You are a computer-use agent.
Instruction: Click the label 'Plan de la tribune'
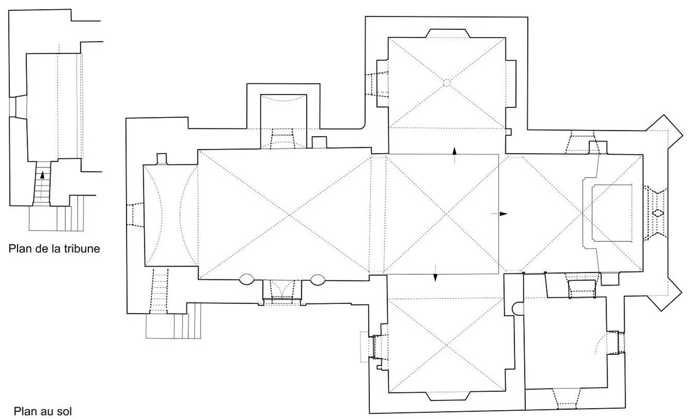pyautogui.click(x=54, y=249)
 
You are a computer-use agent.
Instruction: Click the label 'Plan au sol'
pyautogui.click(x=43, y=411)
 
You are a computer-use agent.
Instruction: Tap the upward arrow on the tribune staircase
pyautogui.click(x=42, y=182)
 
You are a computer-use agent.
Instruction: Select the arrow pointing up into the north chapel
pyautogui.click(x=454, y=155)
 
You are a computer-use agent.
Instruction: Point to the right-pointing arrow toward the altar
pyautogui.click(x=499, y=214)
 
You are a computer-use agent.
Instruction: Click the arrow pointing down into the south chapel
pyautogui.click(x=435, y=273)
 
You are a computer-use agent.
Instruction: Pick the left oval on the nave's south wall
pyautogui.click(x=246, y=279)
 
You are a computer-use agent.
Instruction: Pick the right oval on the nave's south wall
pyautogui.click(x=317, y=280)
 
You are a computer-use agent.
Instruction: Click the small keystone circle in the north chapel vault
pyautogui.click(x=446, y=83)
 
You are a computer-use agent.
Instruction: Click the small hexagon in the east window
pyautogui.click(x=658, y=213)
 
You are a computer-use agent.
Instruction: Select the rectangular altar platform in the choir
pyautogui.click(x=612, y=213)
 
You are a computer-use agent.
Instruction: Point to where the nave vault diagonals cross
pyautogui.click(x=289, y=215)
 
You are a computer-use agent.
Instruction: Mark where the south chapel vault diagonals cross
pyautogui.click(x=446, y=345)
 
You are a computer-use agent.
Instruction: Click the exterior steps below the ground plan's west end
pyautogui.click(x=173, y=326)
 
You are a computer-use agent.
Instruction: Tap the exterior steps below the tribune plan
pyautogui.click(x=57, y=218)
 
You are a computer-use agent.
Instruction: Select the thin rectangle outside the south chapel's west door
pyautogui.click(x=365, y=347)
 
